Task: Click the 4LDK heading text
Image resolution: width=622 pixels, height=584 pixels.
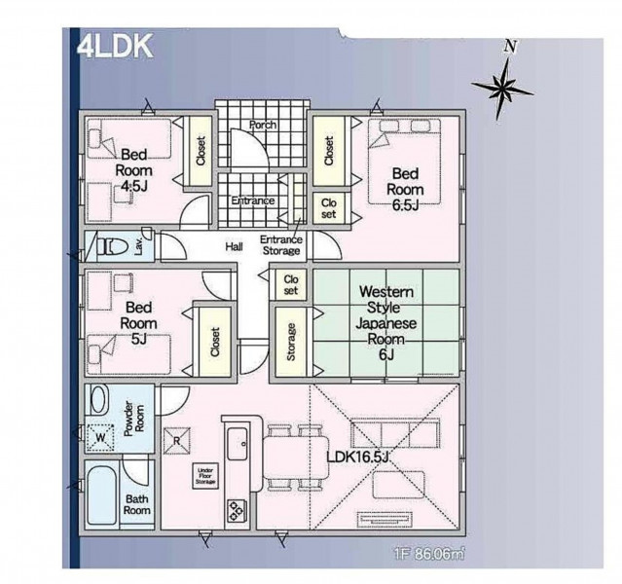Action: [x=115, y=47]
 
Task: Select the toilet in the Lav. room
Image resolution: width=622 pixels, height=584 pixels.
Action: [x=112, y=247]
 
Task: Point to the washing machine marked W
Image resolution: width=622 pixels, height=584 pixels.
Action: [x=101, y=438]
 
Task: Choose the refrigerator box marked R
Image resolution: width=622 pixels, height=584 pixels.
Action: [x=177, y=440]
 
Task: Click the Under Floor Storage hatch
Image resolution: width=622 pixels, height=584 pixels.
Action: [x=205, y=476]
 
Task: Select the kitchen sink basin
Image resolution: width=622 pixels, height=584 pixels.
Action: [x=238, y=444]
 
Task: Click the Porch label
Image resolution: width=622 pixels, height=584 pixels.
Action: [x=263, y=125]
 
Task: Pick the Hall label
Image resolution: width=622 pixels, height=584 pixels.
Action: [x=234, y=247]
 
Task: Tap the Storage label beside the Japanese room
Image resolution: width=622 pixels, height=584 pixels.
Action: [x=291, y=342]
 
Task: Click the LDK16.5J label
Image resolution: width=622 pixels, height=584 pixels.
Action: [x=358, y=457]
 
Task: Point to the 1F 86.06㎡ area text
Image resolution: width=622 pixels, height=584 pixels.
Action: [x=429, y=554]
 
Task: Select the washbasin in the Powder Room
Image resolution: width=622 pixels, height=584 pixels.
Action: [x=99, y=400]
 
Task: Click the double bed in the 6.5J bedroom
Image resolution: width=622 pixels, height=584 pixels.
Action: [x=405, y=161]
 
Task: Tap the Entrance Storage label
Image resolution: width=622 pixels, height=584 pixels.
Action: [x=281, y=245]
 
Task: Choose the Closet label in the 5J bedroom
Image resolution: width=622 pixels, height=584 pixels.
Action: [x=215, y=342]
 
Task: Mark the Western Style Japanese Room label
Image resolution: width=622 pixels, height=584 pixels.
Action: [x=386, y=322]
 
